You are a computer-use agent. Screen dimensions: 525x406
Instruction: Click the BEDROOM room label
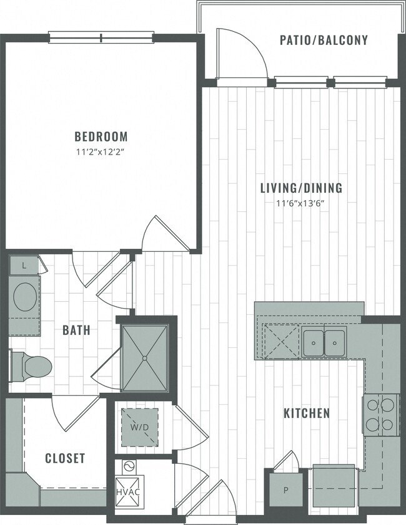[x=101, y=136]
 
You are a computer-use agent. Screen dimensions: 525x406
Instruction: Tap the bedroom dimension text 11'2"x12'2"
[x=101, y=152]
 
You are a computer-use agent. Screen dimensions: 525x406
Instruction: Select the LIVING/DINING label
[x=302, y=188]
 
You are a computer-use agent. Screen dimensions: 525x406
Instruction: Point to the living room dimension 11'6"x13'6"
[x=302, y=203]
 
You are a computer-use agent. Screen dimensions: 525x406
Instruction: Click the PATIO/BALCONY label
[x=323, y=41]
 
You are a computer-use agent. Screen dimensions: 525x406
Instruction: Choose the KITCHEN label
[x=307, y=413]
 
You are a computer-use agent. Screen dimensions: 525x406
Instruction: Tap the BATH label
[x=76, y=330]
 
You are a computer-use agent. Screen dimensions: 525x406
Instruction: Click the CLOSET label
[x=65, y=458]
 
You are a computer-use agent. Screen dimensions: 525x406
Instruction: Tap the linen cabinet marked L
[x=24, y=265]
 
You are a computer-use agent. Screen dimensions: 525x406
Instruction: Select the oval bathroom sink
[x=26, y=297]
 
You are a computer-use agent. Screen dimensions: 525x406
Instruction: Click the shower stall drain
[x=146, y=358]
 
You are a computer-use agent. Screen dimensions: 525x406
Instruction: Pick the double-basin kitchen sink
[x=325, y=342]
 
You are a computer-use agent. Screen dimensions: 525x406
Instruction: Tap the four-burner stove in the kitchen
[x=381, y=415]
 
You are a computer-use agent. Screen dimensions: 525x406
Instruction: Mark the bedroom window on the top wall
[x=101, y=37]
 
